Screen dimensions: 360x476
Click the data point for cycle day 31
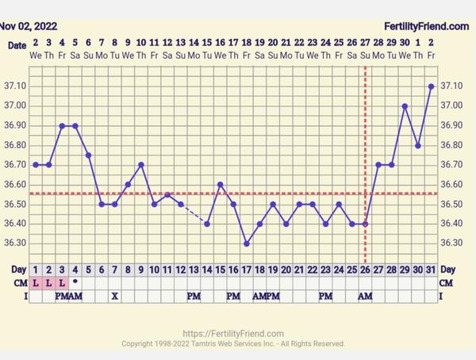[431, 86]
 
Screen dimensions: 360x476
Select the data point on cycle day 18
[247, 243]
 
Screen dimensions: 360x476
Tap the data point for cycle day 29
[405, 106]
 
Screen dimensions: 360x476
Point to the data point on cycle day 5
[88, 155]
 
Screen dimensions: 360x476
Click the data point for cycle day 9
[141, 165]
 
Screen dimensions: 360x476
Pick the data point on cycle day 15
[220, 185]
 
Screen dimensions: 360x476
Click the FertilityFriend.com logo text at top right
[427, 26]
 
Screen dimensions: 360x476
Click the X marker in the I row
[115, 296]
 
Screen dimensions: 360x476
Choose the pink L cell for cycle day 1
[36, 283]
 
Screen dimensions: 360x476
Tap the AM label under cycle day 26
[365, 296]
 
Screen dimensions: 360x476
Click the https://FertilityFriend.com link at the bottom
[232, 334]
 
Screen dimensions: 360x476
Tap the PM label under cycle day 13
[194, 296]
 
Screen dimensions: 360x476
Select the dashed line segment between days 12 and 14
[194, 214]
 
